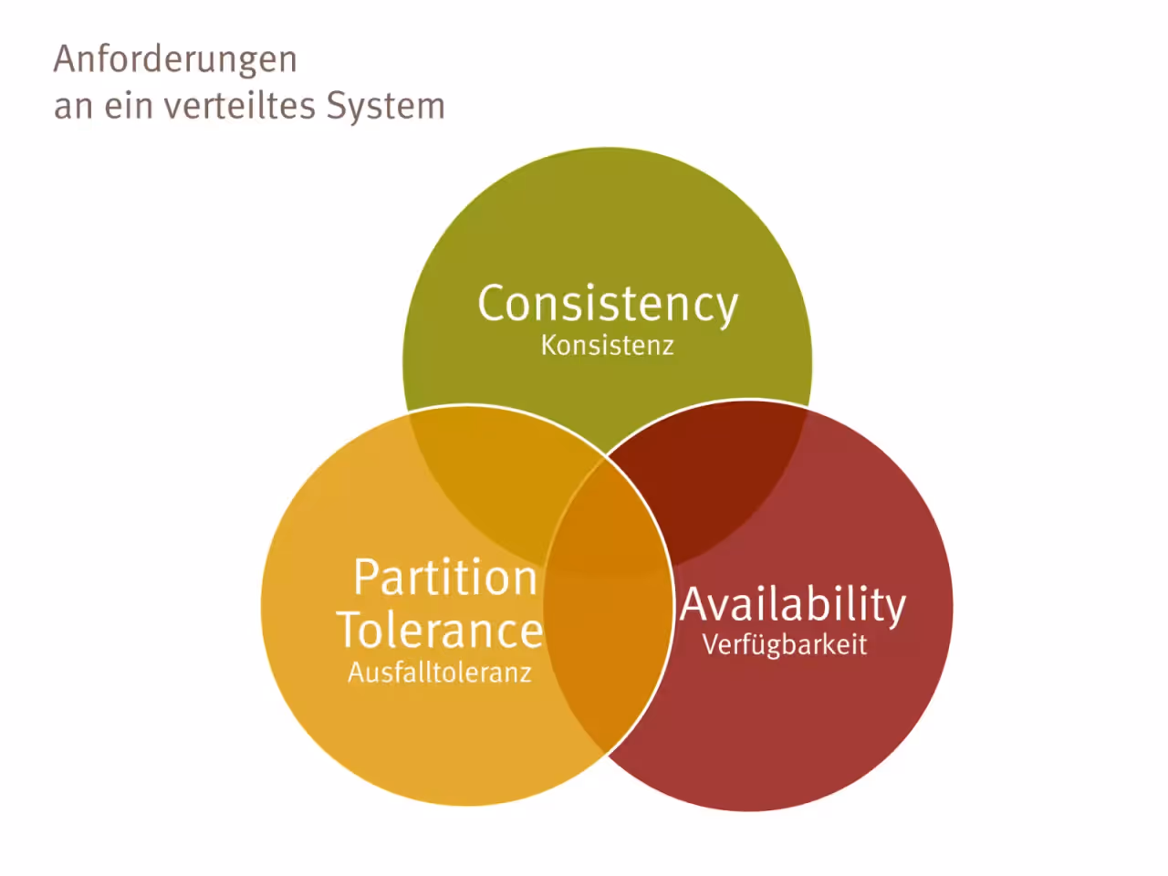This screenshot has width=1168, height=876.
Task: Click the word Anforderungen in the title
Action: [x=175, y=59]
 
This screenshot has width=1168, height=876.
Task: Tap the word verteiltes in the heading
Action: [x=240, y=105]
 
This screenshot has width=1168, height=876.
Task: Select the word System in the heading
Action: [x=386, y=107]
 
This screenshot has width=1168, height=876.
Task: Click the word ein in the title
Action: [x=128, y=105]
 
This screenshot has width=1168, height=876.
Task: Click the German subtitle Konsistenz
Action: [x=608, y=346]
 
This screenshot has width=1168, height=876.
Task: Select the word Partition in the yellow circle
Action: [x=445, y=577]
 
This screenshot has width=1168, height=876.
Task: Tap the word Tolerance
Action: [x=440, y=631]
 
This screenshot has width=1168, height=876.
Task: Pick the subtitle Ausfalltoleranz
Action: [x=440, y=673]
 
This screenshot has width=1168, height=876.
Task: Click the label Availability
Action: [x=793, y=606]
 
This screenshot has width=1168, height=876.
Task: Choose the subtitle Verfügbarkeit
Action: [x=785, y=645]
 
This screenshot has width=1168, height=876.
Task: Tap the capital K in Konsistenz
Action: [x=549, y=345]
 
